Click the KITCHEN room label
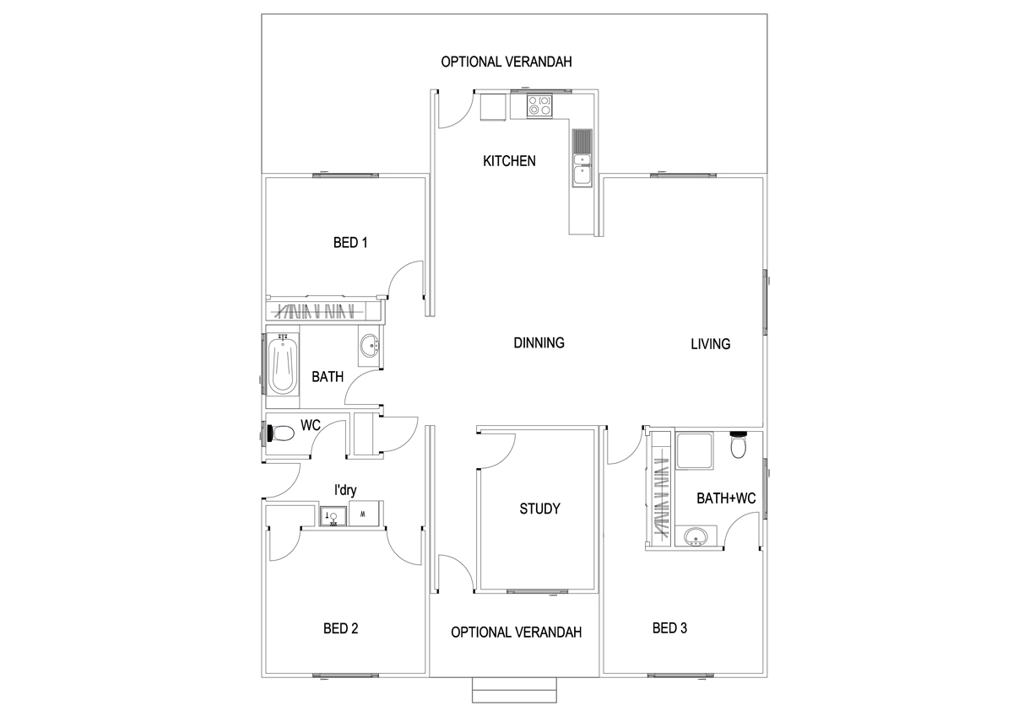click(508, 160)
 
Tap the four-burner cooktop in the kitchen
click(539, 105)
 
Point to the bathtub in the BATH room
click(282, 364)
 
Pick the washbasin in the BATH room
click(370, 346)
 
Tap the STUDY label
click(539, 509)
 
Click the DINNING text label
click(539, 342)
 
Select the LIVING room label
click(710, 343)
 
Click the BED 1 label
click(350, 243)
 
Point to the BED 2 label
click(341, 628)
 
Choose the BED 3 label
click(669, 627)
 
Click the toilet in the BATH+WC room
click(739, 444)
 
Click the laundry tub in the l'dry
click(332, 514)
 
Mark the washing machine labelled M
click(363, 514)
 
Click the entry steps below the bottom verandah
click(514, 690)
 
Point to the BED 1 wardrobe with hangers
click(321, 310)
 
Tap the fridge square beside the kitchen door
click(492, 107)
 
